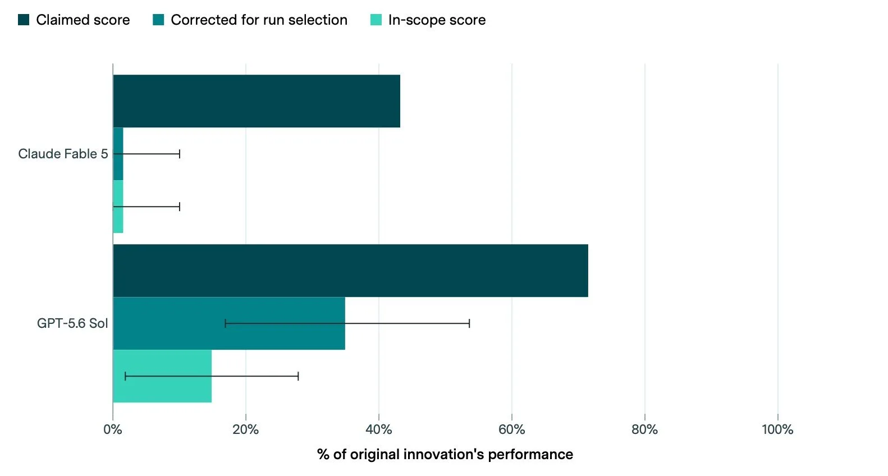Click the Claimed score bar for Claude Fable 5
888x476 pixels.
tap(257, 101)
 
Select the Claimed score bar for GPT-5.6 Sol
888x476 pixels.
tap(350, 271)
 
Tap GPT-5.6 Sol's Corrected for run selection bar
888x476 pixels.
tap(229, 323)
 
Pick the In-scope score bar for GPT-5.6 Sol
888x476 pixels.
tap(162, 376)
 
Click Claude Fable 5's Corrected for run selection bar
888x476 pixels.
tap(118, 154)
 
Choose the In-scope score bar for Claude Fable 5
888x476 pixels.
tap(118, 207)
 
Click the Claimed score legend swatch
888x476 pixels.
tap(24, 20)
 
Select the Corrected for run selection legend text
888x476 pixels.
tap(259, 20)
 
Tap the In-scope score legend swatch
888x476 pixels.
tap(376, 20)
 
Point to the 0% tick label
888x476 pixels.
tap(113, 429)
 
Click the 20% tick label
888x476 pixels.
tap(246, 429)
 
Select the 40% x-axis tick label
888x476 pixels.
tap(378, 429)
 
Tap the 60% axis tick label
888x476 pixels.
tap(512, 429)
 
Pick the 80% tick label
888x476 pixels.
tap(644, 429)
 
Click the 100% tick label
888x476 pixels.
tap(778, 429)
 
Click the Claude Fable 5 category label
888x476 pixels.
tap(63, 154)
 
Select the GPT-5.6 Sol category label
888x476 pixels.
tap(72, 323)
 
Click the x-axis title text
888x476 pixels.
tap(445, 455)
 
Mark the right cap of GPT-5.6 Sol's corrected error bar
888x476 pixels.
tap(469, 323)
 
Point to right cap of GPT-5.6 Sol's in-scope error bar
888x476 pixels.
tap(298, 376)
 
